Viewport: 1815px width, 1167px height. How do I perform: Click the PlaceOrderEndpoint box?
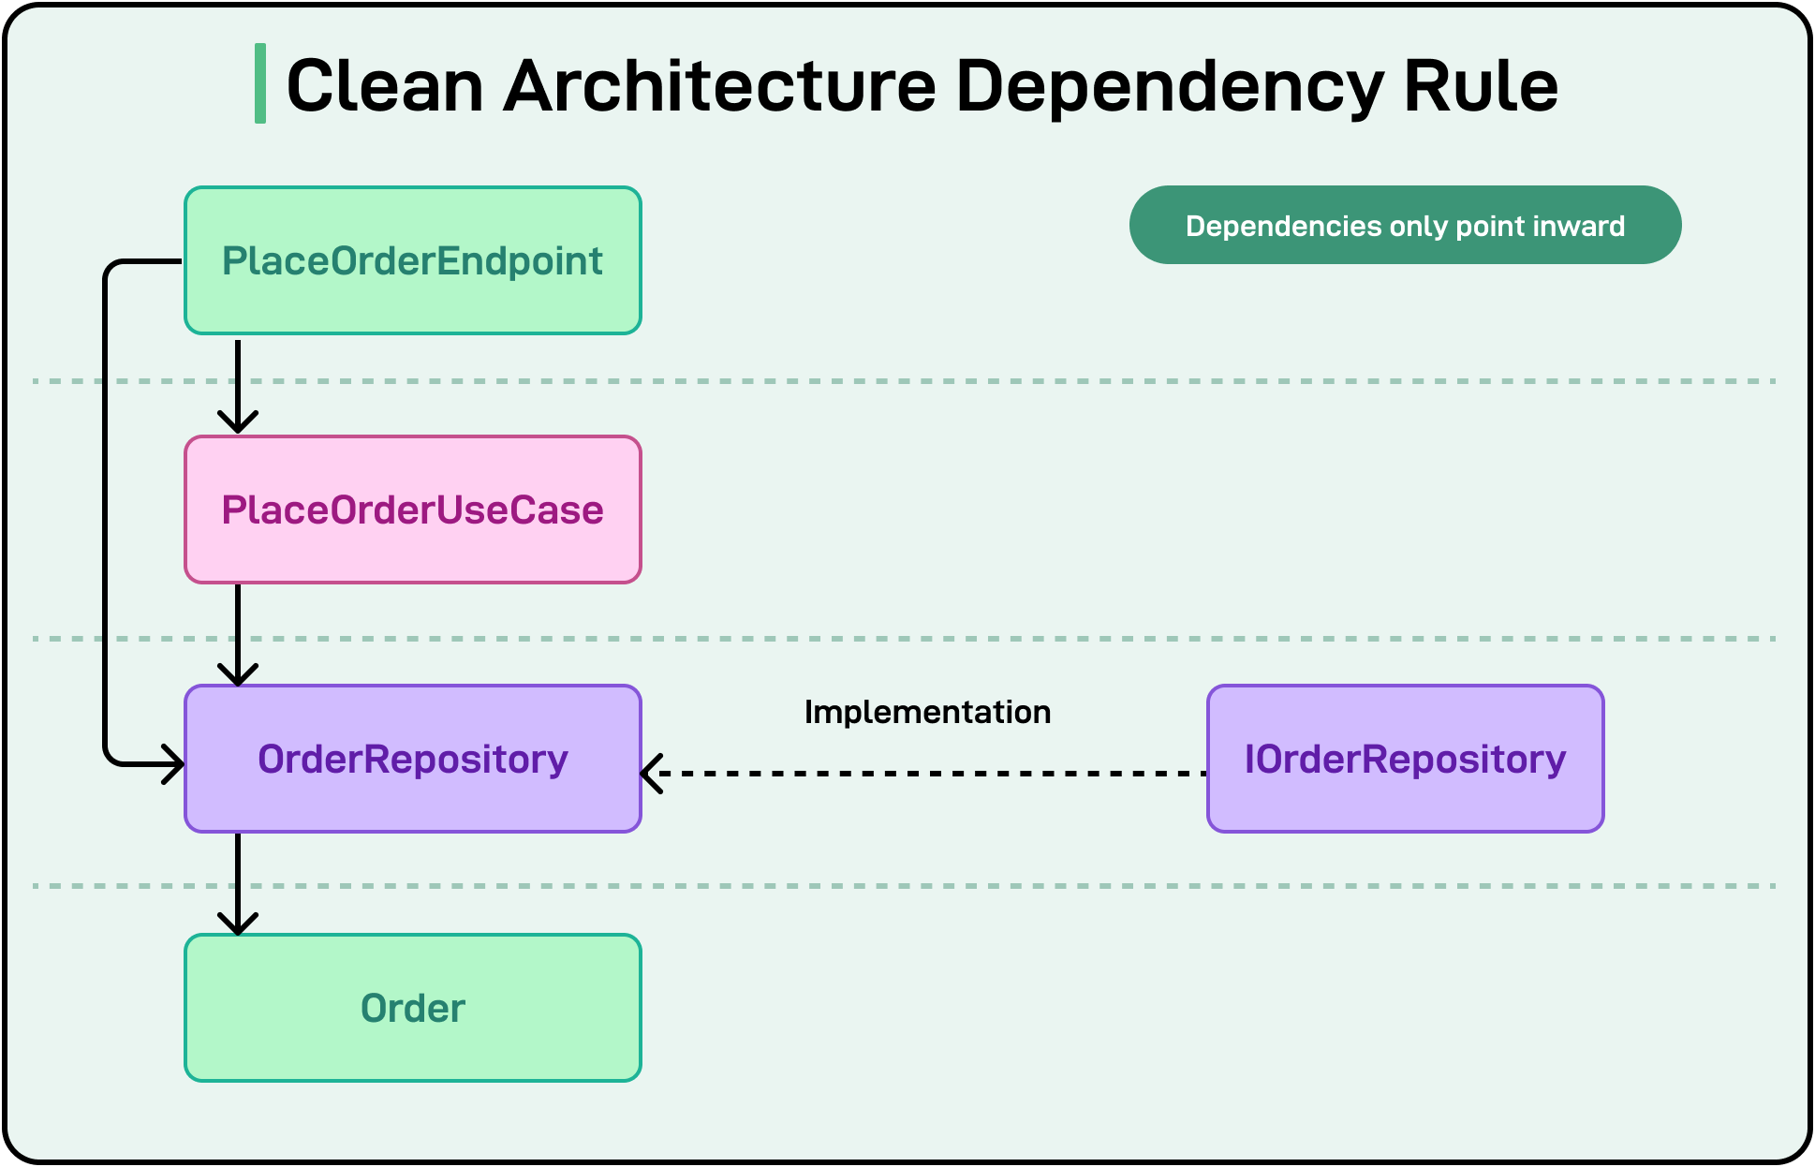tap(412, 260)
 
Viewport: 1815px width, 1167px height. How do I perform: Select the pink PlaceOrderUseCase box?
tap(412, 510)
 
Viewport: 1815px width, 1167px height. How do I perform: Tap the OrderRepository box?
tap(412, 759)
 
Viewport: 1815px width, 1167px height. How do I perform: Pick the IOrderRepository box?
tap(1405, 759)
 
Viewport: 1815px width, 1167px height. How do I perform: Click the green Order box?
tap(412, 1008)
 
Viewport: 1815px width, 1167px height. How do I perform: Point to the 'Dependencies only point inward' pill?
tap(1405, 225)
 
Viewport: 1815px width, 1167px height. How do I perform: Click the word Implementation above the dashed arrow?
tap(927, 712)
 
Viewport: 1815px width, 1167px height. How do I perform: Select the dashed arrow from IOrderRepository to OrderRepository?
tap(927, 774)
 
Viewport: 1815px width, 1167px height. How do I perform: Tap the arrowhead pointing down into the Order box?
tap(238, 923)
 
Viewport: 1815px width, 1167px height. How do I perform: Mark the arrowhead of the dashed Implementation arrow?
tap(652, 774)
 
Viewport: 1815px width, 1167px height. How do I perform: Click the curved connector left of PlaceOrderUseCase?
tap(105, 510)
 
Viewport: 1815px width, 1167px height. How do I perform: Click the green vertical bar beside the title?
tap(260, 83)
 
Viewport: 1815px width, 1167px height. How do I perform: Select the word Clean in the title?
tap(384, 86)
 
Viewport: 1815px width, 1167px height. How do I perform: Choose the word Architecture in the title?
tap(719, 86)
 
